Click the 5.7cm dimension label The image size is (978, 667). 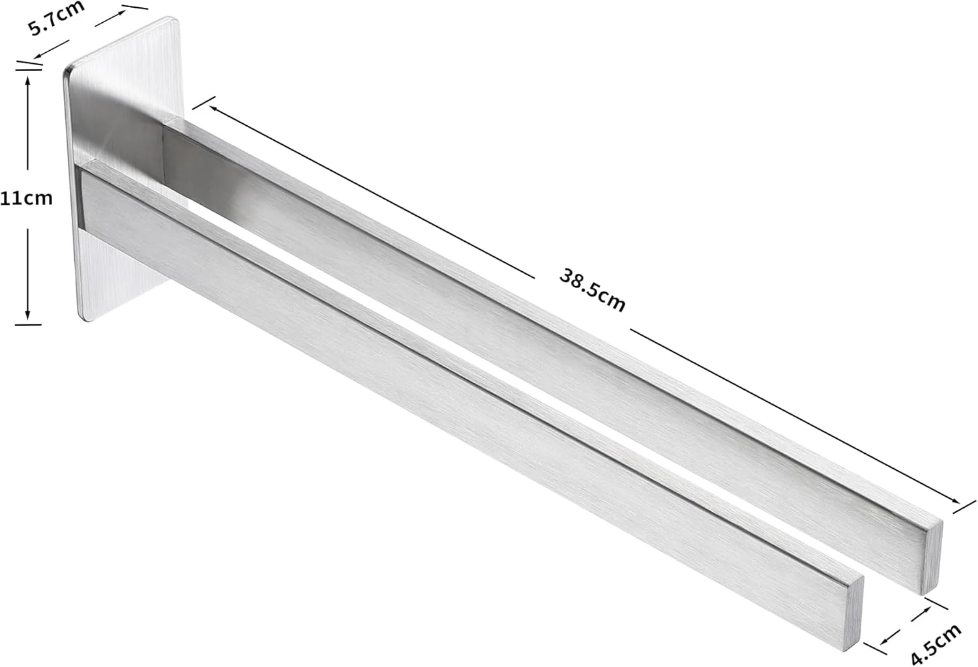pyautogui.click(x=56, y=18)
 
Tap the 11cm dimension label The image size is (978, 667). pyautogui.click(x=26, y=199)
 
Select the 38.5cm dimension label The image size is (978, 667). pyautogui.click(x=592, y=290)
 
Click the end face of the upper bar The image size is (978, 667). pyautogui.click(x=932, y=558)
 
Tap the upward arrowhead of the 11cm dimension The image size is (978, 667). pyautogui.click(x=28, y=80)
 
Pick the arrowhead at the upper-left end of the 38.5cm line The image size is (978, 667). pyautogui.click(x=214, y=108)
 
